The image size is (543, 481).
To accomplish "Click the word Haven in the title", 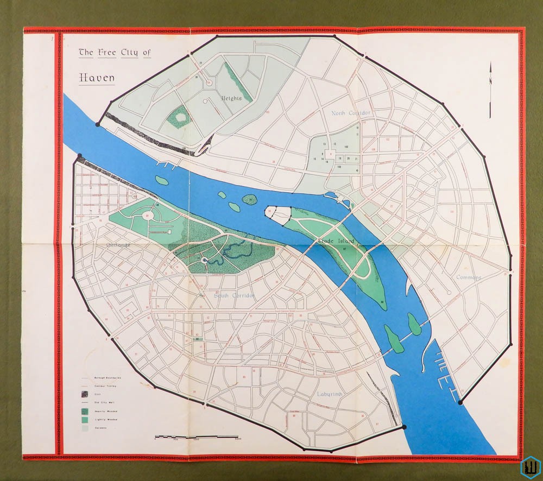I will point(97,78).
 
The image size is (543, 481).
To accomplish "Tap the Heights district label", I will point(231,98).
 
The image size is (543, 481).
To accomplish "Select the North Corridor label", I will point(351,113).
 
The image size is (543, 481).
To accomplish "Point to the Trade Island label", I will point(337,240).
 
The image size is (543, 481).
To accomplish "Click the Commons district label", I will point(468,277).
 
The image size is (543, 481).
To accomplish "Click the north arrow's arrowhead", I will point(490,67).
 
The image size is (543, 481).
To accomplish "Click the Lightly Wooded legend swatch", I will point(85,419).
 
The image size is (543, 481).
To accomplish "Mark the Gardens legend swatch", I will point(85,428).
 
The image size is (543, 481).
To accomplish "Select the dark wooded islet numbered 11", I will point(249,200).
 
